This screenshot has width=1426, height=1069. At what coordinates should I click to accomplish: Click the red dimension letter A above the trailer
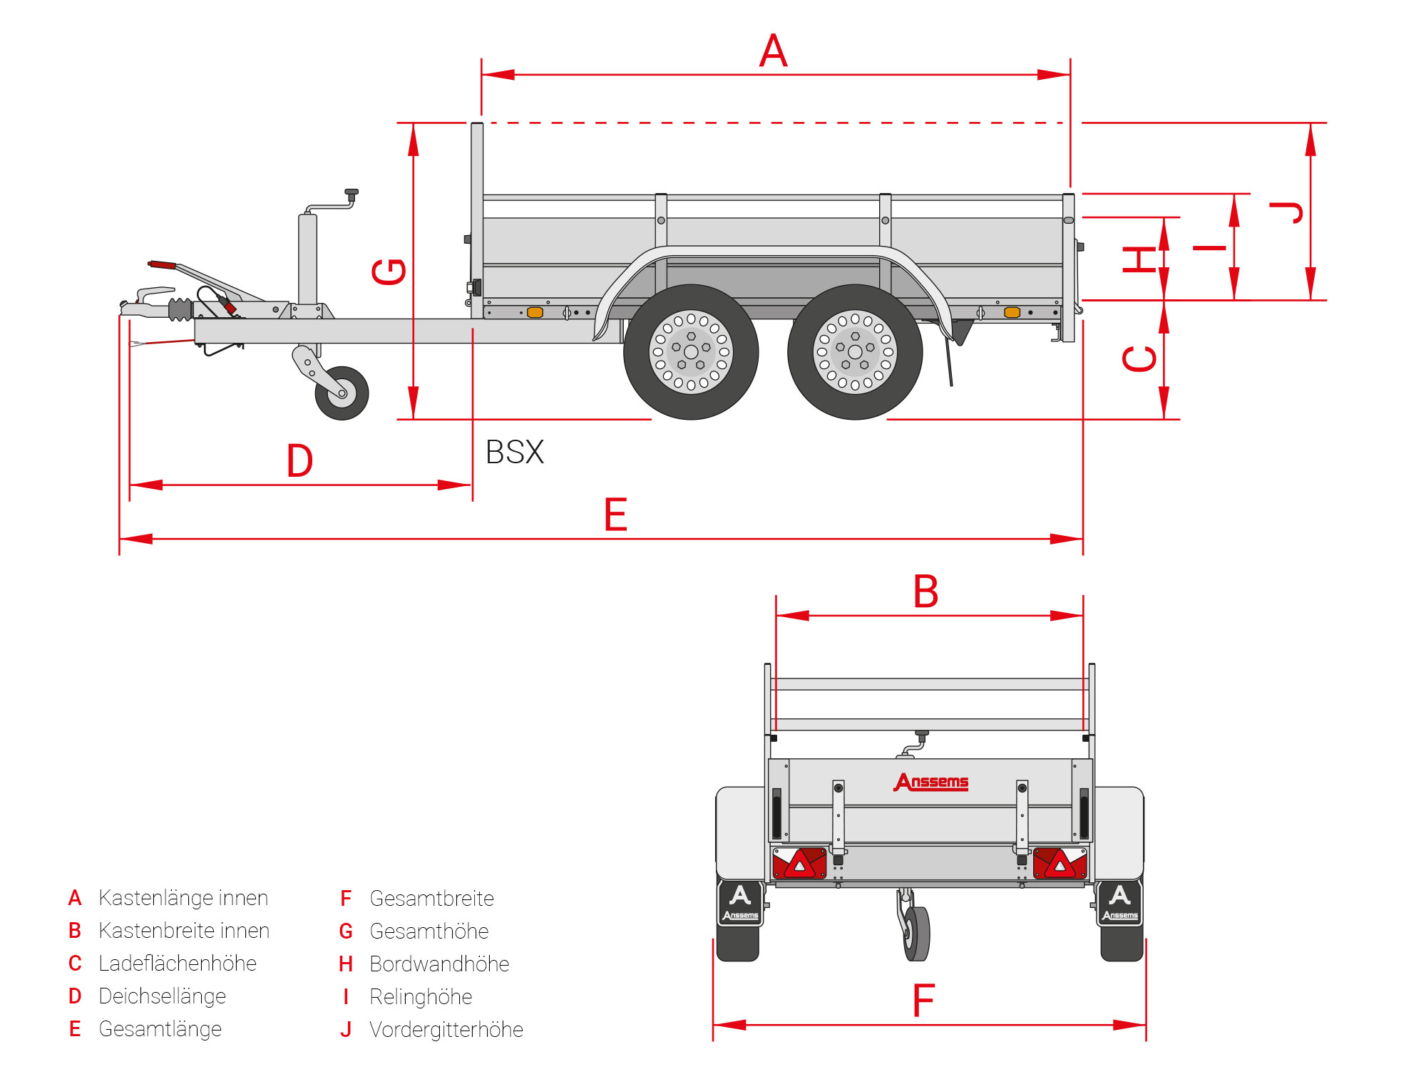pos(774,51)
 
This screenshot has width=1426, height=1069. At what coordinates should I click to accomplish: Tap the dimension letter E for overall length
pos(615,515)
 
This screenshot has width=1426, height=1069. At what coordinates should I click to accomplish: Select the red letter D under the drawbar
pos(299,460)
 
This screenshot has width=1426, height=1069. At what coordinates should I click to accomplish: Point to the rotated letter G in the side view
pos(389,272)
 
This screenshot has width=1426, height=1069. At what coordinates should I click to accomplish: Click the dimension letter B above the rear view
pos(925,592)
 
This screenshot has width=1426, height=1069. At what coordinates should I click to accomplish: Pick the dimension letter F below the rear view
pos(923,1001)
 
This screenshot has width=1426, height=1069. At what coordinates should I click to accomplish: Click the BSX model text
pos(515,452)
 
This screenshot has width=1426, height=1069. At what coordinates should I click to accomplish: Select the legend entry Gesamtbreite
pos(431,898)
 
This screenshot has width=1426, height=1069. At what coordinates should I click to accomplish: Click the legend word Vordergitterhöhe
pos(446,1029)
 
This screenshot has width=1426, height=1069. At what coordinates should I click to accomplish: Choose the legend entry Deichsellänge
pos(162,996)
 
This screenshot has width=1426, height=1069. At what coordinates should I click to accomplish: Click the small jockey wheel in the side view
pos(342,393)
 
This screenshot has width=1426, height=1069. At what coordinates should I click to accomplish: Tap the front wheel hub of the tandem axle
pos(691,352)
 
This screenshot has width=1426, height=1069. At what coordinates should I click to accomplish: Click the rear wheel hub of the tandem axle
pos(855,352)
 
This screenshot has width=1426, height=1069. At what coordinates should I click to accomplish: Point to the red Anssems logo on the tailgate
pos(931,782)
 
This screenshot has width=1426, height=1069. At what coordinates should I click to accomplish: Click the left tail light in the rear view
pos(799,863)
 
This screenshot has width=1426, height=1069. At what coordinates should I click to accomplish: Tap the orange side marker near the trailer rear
pos(1012,312)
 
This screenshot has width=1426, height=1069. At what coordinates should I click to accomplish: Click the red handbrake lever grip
pos(163,264)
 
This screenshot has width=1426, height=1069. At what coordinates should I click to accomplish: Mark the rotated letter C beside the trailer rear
pos(1139,358)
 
